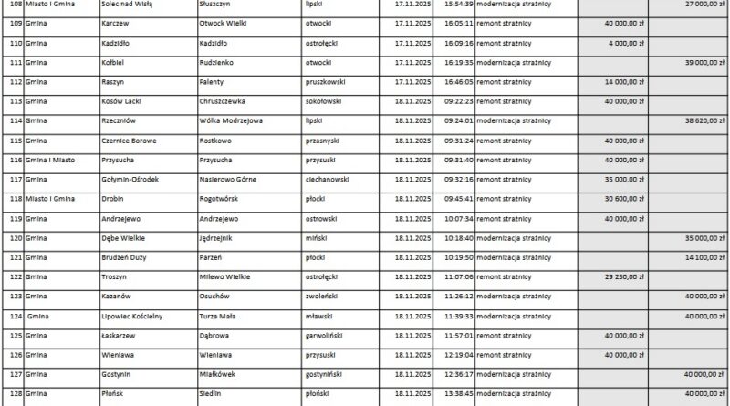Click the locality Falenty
pyautogui.click(x=213, y=81)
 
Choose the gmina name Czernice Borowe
pyautogui.click(x=134, y=141)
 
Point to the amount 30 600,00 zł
pyautogui.click(x=623, y=199)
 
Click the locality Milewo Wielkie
pyautogui.click(x=224, y=277)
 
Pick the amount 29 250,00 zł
pyautogui.click(x=623, y=277)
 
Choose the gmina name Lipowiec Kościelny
pyautogui.click(x=136, y=317)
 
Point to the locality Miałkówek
pyautogui.click(x=219, y=375)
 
